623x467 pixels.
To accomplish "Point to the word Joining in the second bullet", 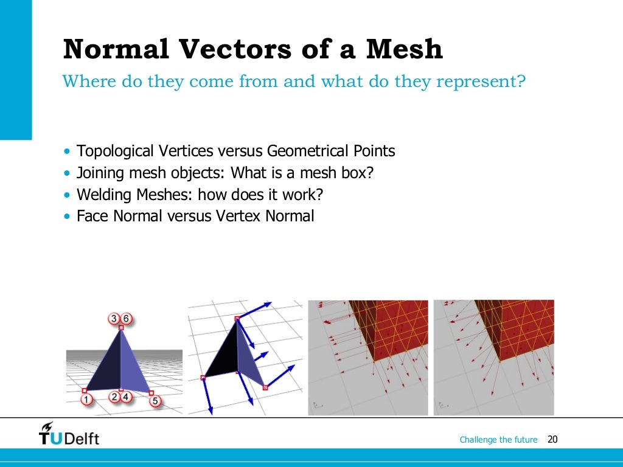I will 100,173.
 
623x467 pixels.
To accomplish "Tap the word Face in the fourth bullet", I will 90,216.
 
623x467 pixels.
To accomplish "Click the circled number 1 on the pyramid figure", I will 87,400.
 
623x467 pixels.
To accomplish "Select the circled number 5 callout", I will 155,401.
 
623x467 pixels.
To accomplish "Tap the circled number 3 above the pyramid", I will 113,319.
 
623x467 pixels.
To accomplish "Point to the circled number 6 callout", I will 126,319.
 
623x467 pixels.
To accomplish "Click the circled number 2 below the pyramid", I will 114,398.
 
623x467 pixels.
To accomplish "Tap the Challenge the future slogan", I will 498,440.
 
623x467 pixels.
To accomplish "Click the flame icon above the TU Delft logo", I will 47,427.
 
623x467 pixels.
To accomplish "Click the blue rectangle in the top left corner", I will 15,70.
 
